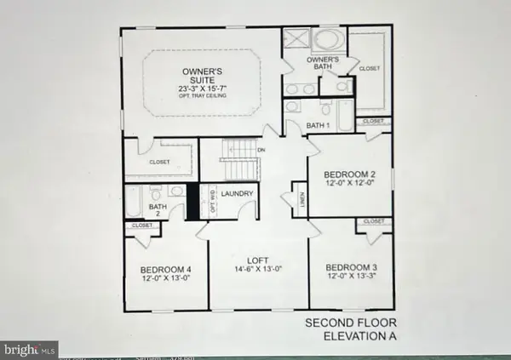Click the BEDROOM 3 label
click(353, 267)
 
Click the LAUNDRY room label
click(238, 194)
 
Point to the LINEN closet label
click(298, 197)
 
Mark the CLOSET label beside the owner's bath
click(370, 67)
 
